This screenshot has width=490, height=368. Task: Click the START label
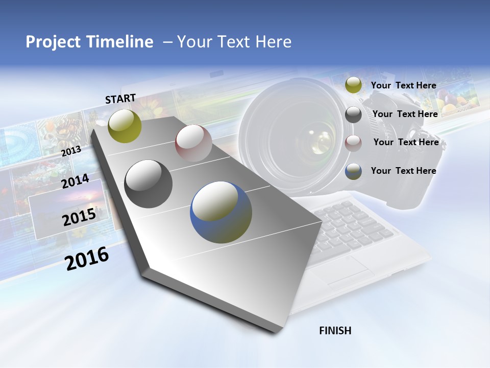tap(120, 99)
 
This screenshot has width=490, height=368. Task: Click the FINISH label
tap(335, 331)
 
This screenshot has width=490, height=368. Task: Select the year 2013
tap(71, 151)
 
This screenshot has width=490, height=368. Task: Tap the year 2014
tap(75, 181)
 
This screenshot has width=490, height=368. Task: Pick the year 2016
tap(87, 259)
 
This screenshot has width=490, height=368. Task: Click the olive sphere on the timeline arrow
tap(125, 126)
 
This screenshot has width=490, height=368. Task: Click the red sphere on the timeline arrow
tap(193, 143)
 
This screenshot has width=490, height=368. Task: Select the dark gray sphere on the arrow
tap(149, 184)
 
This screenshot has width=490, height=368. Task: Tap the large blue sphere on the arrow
tap(221, 212)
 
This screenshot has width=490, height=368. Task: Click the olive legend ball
tap(353, 85)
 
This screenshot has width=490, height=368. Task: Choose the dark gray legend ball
tap(353, 114)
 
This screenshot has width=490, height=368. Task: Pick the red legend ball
tap(353, 143)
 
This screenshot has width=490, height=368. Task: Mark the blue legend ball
tap(353, 171)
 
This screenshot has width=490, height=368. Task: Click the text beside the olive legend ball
tap(403, 85)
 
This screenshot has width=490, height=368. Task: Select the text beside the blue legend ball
tap(403, 171)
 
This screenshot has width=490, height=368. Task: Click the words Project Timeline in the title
tap(89, 42)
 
